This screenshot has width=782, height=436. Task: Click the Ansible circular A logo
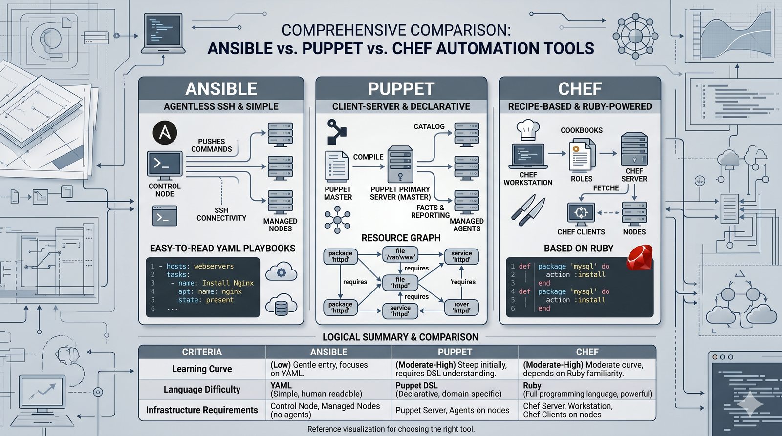165,133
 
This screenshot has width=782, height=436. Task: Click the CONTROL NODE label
165,190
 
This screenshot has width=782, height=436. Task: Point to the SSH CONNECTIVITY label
221,214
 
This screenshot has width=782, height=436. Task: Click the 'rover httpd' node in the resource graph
461,307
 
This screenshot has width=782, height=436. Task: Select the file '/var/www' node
400,254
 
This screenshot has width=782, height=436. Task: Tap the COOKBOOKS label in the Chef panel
581,130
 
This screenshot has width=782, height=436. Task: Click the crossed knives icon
528,210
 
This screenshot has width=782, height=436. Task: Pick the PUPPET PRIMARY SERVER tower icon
400,165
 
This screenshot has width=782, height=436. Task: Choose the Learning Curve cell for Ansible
328,369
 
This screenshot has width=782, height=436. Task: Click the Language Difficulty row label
202,390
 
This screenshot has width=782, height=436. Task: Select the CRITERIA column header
202,352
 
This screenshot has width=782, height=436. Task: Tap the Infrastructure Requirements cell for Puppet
452,411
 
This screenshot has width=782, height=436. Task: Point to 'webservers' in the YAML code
214,267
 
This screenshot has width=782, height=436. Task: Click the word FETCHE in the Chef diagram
606,188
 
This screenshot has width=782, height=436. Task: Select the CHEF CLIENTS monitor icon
581,214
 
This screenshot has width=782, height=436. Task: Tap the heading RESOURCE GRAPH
401,238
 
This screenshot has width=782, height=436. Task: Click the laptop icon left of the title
163,34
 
